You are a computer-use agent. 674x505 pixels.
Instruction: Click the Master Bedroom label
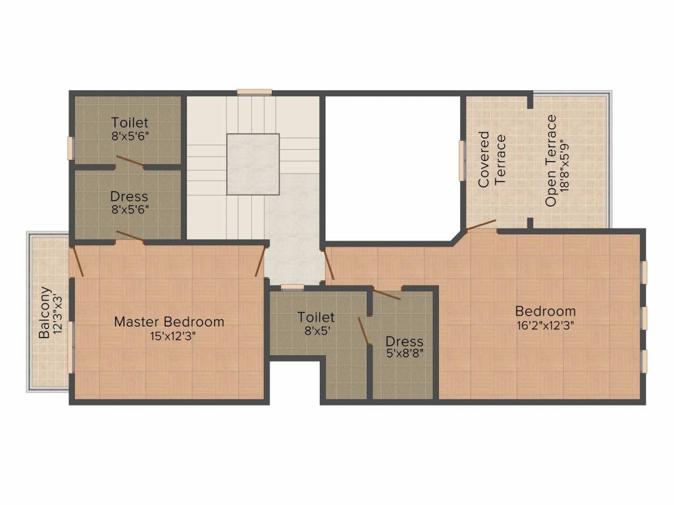pos(169,322)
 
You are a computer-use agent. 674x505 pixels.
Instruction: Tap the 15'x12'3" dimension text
pos(173,336)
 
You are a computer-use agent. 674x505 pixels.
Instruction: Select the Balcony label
pos(44,312)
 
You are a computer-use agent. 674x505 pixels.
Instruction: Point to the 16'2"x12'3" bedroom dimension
pos(545,325)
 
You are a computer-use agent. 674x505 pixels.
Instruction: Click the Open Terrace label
pos(551,160)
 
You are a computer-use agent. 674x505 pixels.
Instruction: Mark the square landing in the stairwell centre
pos(253,164)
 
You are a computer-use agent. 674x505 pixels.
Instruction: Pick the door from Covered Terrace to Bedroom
pos(481,225)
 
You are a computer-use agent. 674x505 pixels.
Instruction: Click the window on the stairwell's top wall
pos(255,91)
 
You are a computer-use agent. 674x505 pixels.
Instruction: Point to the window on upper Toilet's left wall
pos(70,149)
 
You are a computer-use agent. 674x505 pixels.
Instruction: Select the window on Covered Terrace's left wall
pos(463,160)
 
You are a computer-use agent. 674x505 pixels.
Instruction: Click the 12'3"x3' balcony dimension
pos(59,312)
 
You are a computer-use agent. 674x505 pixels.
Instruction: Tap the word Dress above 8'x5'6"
pos(129,197)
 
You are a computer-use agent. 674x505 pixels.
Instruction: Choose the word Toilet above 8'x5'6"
pos(130,122)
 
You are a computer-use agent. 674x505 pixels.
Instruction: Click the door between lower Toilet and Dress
pos(363,331)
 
